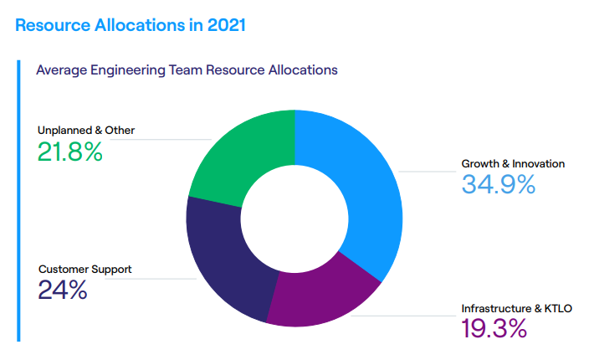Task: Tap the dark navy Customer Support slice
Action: (x=226, y=260)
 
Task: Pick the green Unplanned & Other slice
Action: (x=243, y=155)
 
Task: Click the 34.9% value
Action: (x=498, y=184)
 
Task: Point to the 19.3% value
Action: (x=494, y=328)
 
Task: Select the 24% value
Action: (x=63, y=290)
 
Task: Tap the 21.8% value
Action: (x=69, y=152)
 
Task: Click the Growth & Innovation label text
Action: (x=513, y=163)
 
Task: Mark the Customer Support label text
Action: (x=85, y=270)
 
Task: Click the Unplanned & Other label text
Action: (x=86, y=130)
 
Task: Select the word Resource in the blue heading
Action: (x=51, y=25)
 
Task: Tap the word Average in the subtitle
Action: (x=60, y=70)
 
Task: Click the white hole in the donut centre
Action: (x=294, y=215)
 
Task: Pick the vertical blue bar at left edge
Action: (x=18, y=201)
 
